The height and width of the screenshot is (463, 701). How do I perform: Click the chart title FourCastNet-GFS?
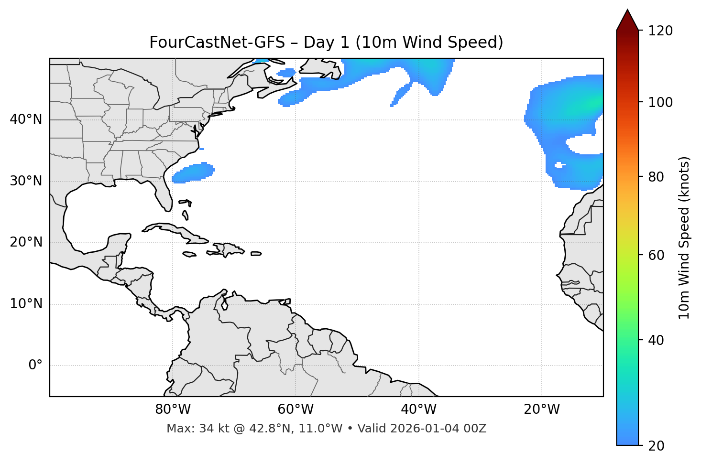[x=326, y=43]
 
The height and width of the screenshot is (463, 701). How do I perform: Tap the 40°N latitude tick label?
[x=26, y=119]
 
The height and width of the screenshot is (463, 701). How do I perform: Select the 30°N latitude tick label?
[x=26, y=181]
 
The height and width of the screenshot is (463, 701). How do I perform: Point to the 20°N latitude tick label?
[x=26, y=242]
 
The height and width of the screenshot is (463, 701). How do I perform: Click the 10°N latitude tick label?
[x=26, y=304]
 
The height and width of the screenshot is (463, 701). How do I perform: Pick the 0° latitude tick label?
[x=35, y=366]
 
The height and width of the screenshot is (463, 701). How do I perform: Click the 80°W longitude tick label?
[x=173, y=409]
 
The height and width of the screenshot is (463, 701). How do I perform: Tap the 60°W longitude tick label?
[x=296, y=409]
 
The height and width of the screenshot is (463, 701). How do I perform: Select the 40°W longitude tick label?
[x=418, y=409]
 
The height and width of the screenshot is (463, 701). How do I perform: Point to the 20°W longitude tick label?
[x=541, y=409]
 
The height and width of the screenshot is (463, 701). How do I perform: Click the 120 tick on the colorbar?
[x=660, y=31]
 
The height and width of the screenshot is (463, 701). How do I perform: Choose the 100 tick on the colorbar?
[x=660, y=102]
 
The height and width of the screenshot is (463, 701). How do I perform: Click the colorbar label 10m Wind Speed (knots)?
[x=684, y=237]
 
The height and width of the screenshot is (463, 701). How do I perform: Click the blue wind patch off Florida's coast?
[x=194, y=173]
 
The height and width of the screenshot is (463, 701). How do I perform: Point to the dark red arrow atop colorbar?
[x=627, y=21]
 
